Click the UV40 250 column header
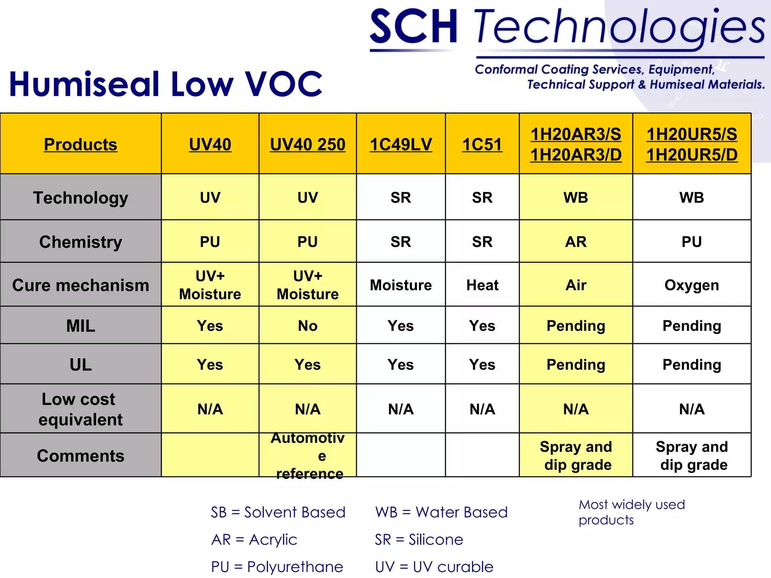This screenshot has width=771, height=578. click(x=308, y=144)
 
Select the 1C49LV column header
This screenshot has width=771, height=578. click(x=401, y=144)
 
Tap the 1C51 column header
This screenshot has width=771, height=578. click(x=482, y=144)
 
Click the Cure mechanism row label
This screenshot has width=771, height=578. click(x=81, y=285)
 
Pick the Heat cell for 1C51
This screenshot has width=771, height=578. click(x=482, y=285)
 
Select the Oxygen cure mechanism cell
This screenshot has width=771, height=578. click(x=692, y=285)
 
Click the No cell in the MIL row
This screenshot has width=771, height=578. click(x=308, y=326)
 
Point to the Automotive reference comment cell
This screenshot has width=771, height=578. click(x=308, y=455)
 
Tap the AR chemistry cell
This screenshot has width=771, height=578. click(x=576, y=242)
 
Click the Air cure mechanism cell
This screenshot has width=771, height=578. click(x=576, y=285)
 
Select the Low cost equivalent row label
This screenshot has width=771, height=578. click(x=81, y=409)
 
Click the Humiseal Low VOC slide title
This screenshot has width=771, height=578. click(x=166, y=84)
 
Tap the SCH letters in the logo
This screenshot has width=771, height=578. click(x=413, y=27)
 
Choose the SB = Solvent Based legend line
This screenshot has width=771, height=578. click(x=278, y=512)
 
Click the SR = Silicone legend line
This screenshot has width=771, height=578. click(x=419, y=539)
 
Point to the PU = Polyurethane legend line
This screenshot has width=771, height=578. click(x=277, y=566)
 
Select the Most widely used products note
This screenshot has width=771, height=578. click(x=631, y=512)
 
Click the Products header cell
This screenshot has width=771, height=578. click(x=81, y=144)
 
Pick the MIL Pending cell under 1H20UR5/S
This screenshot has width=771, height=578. click(x=692, y=326)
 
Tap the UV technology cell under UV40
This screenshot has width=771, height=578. click(x=210, y=197)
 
